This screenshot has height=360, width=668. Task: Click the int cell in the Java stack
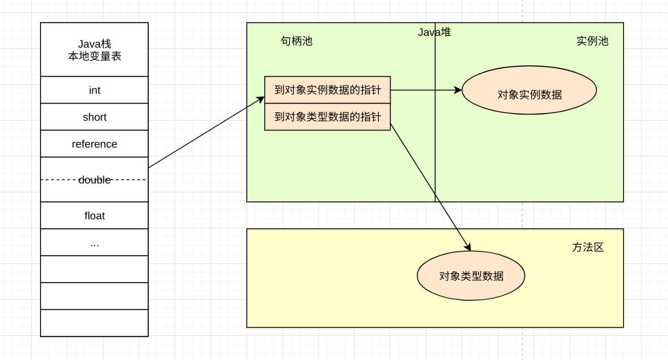[95, 90]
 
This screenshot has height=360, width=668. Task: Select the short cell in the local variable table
[95, 117]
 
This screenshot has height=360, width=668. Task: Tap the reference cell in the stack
[95, 144]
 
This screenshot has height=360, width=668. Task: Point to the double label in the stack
[95, 180]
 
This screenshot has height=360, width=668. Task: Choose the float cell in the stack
[95, 216]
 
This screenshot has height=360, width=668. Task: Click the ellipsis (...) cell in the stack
[95, 243]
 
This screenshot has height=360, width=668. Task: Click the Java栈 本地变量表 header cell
[95, 50]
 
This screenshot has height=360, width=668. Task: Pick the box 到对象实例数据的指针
[328, 90]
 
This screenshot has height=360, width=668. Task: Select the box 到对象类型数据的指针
[328, 117]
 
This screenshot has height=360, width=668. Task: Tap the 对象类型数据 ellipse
[471, 276]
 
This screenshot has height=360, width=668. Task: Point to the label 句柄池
[296, 41]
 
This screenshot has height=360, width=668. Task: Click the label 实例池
[592, 41]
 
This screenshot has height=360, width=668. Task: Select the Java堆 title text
[434, 32]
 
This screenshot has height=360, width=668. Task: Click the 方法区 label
[588, 247]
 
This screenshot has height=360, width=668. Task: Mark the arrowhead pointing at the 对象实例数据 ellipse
[458, 90]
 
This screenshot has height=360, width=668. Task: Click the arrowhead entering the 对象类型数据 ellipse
[468, 248]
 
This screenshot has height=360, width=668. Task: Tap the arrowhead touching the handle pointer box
[261, 99]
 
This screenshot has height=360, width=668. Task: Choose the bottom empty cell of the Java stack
[95, 323]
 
